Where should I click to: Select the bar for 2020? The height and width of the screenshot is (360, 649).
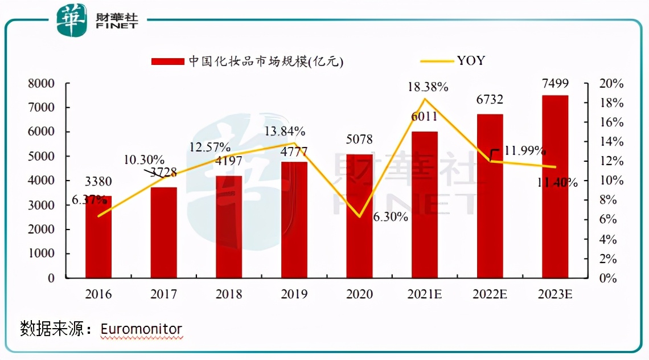coord(359,216)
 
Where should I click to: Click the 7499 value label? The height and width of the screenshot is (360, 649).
coord(555,84)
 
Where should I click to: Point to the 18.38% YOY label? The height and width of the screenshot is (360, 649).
coord(428,87)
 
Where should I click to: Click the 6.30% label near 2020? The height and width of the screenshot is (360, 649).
coord(391,217)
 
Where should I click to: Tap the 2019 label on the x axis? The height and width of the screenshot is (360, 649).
coord(294,294)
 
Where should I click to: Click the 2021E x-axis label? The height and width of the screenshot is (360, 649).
coord(424,294)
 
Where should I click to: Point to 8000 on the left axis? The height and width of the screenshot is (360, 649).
coord(43,84)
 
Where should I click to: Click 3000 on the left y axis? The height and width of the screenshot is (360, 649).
coord(43,205)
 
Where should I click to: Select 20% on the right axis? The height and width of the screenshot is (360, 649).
coord(611,84)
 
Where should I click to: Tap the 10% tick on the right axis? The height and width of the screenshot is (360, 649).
coord(611,181)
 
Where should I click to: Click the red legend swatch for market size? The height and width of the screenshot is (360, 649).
coord(168,61)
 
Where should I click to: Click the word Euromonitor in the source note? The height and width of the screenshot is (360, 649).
coord(141,329)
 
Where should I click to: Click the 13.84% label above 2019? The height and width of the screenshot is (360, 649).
coord(284,132)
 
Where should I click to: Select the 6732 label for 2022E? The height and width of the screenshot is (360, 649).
coord(490,100)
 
